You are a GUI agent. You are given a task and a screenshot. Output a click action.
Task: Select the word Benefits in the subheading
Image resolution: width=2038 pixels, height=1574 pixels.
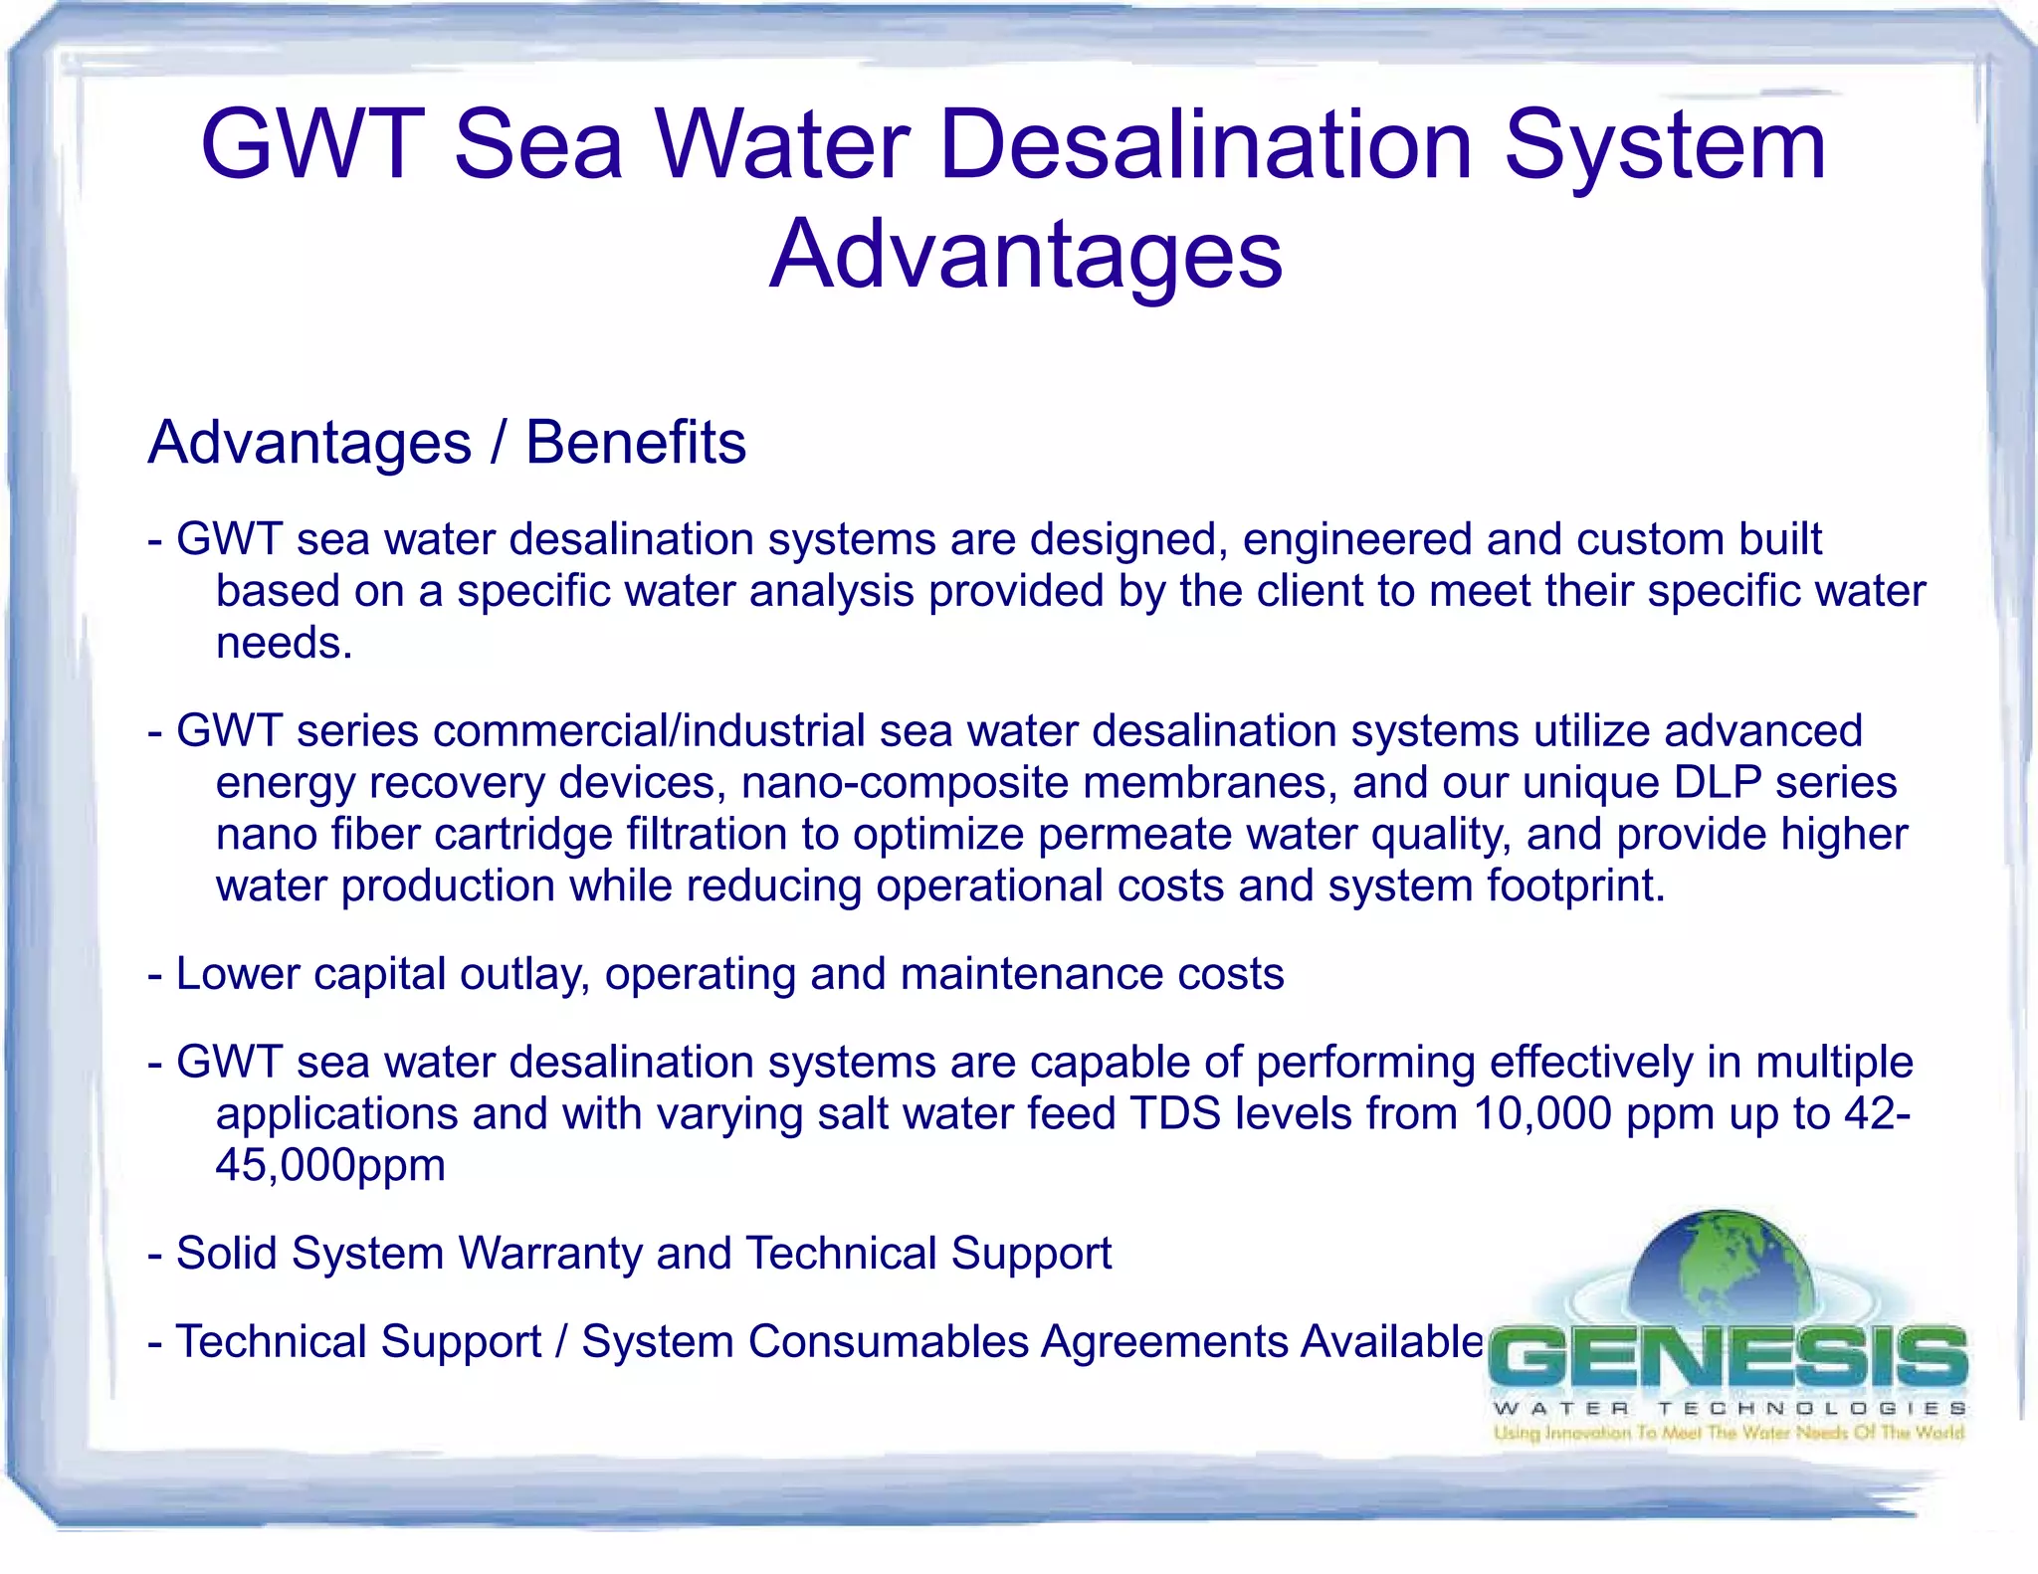point(635,443)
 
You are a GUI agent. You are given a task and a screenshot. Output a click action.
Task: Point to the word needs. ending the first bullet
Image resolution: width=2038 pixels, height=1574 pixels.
point(285,643)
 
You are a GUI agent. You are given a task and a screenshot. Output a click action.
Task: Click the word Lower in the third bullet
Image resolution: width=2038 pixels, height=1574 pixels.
point(237,974)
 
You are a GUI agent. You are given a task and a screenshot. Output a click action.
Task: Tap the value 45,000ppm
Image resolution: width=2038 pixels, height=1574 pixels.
point(330,1165)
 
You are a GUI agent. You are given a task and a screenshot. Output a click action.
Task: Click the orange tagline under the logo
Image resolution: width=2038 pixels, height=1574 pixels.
point(1728,1433)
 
